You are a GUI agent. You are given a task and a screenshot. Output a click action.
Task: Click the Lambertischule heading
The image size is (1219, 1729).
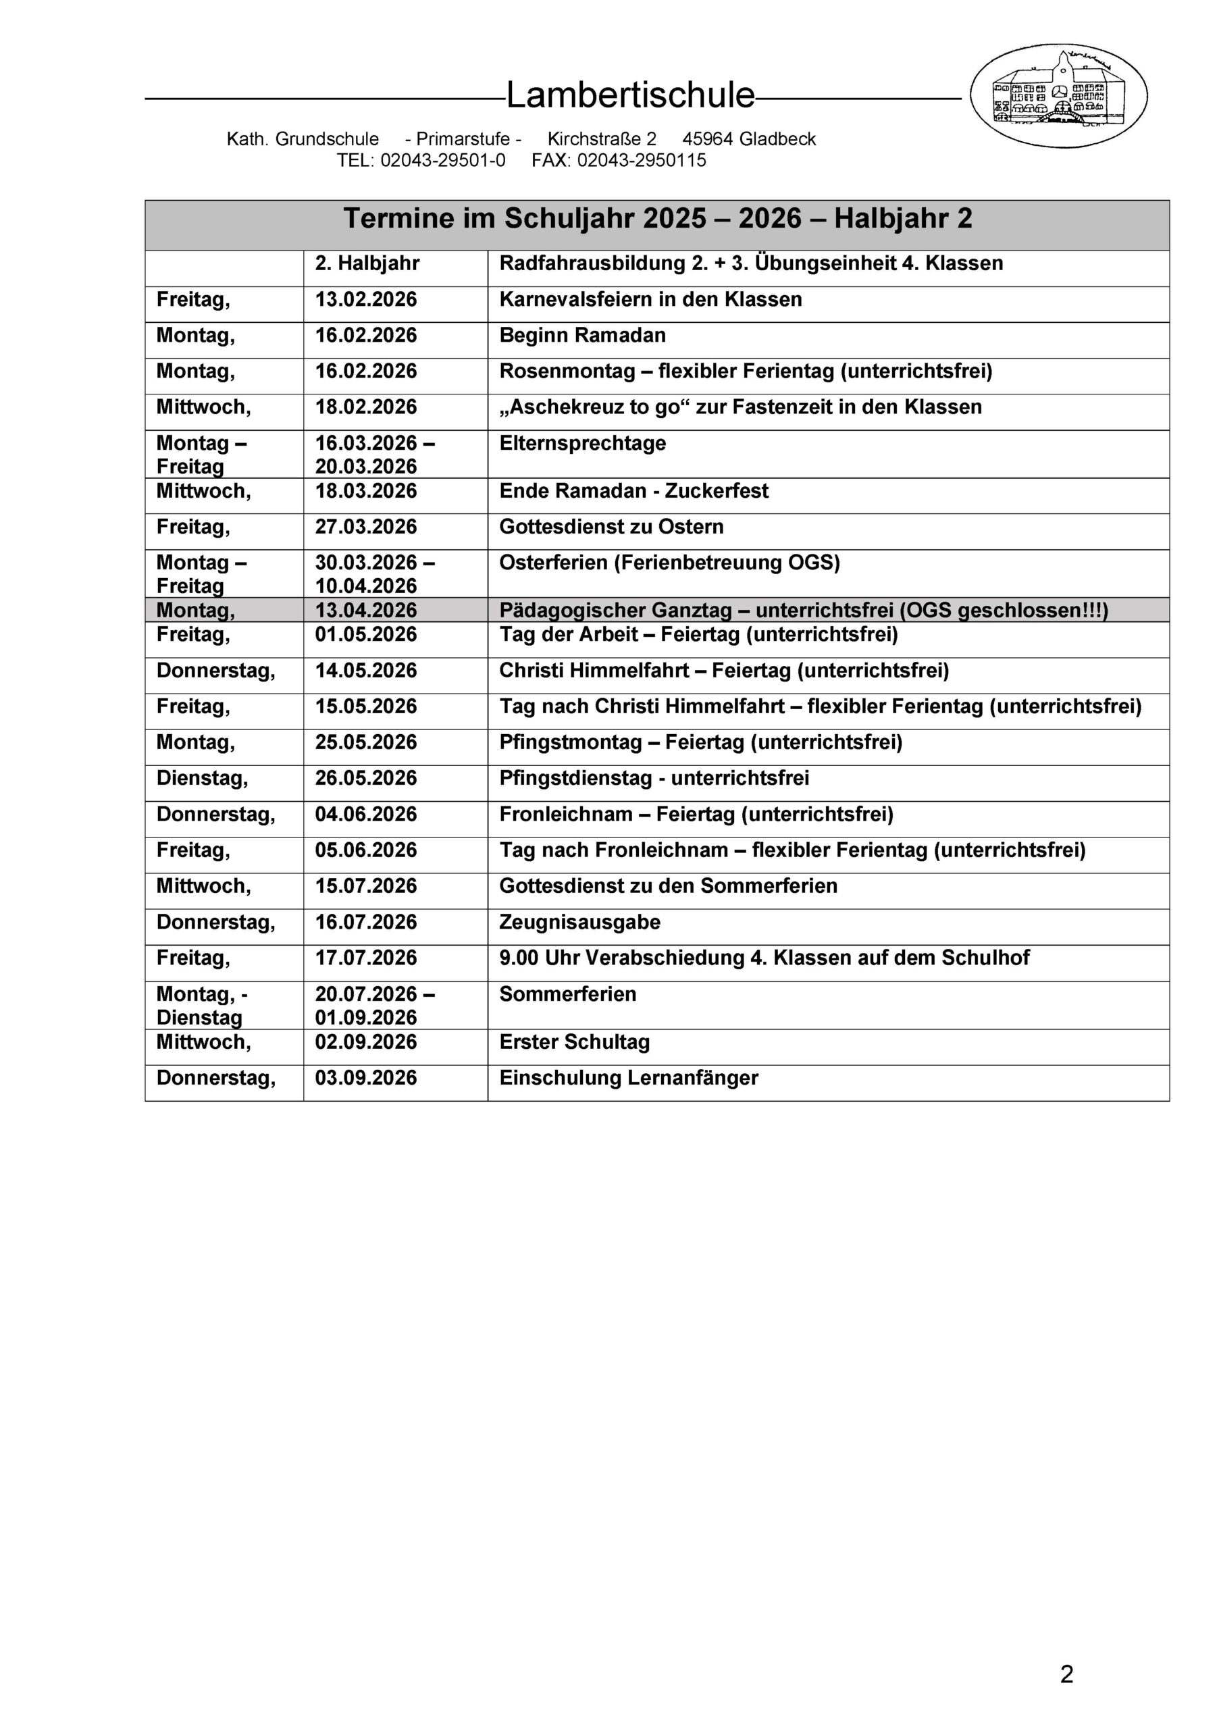pyautogui.click(x=629, y=96)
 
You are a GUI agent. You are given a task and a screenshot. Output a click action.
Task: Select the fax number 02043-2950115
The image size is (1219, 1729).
pyautogui.click(x=641, y=160)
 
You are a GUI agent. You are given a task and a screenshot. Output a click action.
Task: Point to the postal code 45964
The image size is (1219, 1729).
pyautogui.click(x=707, y=139)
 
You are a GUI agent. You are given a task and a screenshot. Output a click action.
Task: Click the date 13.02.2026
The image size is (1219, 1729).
pyautogui.click(x=366, y=300)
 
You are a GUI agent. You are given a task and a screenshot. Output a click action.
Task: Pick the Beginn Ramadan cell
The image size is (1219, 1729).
pyautogui.click(x=582, y=335)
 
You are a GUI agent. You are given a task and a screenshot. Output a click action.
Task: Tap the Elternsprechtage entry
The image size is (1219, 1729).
pyautogui.click(x=582, y=443)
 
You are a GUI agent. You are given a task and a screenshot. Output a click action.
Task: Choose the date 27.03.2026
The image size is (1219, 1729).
pyautogui.click(x=366, y=527)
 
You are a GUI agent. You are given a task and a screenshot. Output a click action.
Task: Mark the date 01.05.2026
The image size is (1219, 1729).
pyautogui.click(x=366, y=635)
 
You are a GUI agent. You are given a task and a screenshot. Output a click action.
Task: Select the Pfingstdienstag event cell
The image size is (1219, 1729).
pyautogui.click(x=654, y=778)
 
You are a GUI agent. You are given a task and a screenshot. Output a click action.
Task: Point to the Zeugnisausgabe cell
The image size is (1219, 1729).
pyautogui.click(x=579, y=923)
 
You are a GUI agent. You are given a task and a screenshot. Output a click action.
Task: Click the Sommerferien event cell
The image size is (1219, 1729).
pyautogui.click(x=568, y=994)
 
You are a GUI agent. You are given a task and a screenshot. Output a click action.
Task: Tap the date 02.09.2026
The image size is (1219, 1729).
pyautogui.click(x=366, y=1042)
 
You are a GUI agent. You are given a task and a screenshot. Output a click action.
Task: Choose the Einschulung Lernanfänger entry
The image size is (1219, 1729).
pyautogui.click(x=628, y=1079)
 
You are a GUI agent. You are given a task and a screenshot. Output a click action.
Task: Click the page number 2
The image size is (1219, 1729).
pyautogui.click(x=1066, y=1674)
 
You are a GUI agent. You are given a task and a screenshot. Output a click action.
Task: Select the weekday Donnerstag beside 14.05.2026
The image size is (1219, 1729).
pyautogui.click(x=216, y=671)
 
